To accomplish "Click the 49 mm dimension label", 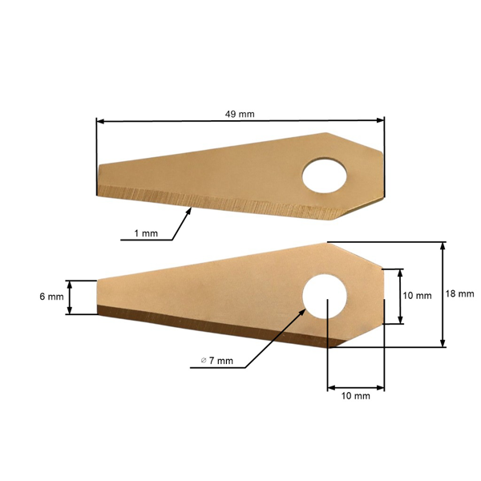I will point(240,114).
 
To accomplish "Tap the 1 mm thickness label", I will point(146,233).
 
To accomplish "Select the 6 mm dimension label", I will point(51,297).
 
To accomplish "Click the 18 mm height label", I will point(460,294).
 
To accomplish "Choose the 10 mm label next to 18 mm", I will point(417,296).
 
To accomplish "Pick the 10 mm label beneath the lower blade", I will point(356,396).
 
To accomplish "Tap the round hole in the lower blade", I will point(325,294).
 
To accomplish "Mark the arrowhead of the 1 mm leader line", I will point(190,209).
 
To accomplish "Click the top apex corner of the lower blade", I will point(326,241).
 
